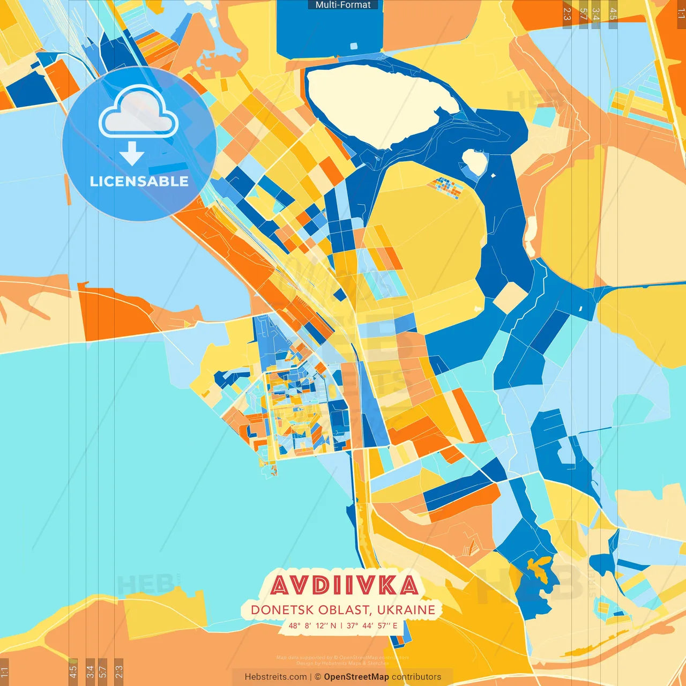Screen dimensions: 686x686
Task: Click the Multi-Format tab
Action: pos(343,5)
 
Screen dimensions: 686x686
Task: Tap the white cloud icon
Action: pos(138,113)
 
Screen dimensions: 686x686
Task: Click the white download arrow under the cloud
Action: pos(132,153)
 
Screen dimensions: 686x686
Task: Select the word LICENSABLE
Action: pos(139,181)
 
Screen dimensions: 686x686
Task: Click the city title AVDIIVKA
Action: pos(344,586)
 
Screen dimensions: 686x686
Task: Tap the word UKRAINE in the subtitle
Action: pos(406,610)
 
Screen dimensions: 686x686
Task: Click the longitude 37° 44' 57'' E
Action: pos(372,625)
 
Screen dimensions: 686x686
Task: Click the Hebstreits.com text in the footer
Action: pos(275,677)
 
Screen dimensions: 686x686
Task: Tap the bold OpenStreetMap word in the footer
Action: pos(356,677)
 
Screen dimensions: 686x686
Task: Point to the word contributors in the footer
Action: pos(416,677)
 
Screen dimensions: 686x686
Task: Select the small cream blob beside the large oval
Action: pos(475,161)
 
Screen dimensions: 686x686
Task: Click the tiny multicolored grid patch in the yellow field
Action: pos(446,188)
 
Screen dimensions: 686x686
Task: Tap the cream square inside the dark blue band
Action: pos(510,297)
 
